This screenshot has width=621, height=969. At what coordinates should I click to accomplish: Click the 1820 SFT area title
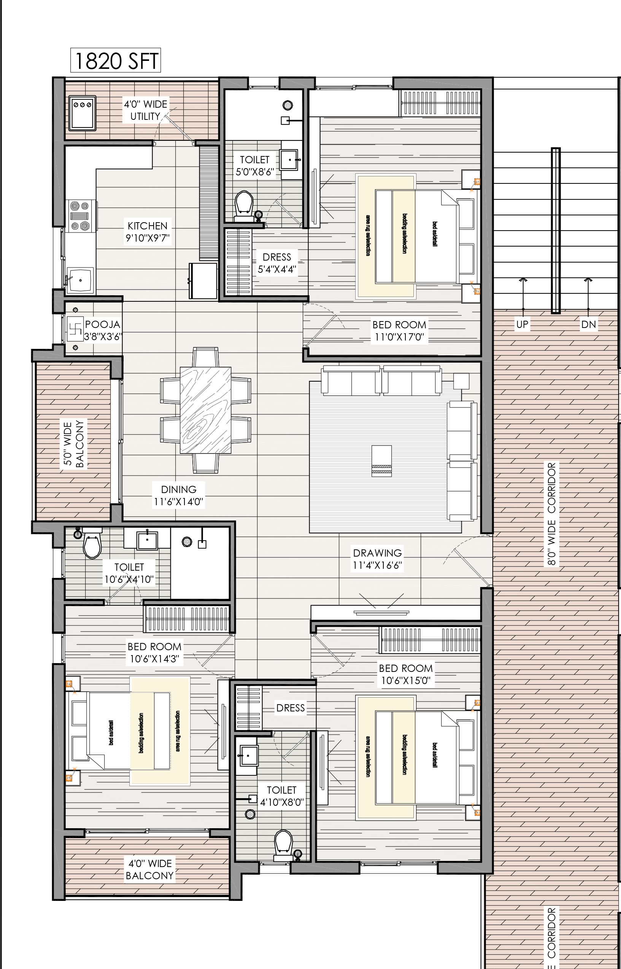[116, 61]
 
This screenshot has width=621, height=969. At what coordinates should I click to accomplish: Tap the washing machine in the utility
[82, 113]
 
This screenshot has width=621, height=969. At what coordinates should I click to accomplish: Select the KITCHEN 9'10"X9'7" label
[148, 232]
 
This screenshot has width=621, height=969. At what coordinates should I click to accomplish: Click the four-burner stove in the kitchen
[79, 216]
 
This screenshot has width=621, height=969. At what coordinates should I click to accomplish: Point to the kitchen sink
[81, 280]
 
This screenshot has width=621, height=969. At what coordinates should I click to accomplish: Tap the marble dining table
[205, 410]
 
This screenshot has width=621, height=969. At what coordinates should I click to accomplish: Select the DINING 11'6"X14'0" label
[179, 495]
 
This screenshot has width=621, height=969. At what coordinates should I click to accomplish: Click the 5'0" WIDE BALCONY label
[74, 444]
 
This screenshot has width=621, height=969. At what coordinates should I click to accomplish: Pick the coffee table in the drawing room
[381, 461]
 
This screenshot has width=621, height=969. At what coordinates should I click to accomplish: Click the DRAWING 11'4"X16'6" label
[378, 559]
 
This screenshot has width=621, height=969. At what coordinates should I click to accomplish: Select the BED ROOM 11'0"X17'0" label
[399, 331]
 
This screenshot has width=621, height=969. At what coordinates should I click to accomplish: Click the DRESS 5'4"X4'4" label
[276, 263]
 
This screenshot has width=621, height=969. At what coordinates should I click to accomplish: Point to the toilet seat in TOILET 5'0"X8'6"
[244, 204]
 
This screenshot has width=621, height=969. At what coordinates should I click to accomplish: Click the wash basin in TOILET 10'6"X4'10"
[147, 541]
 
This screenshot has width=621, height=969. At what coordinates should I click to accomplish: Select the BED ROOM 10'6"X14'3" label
[154, 653]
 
